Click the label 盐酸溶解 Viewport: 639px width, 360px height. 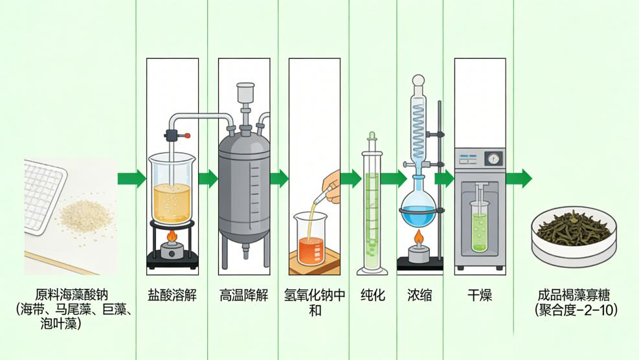172,296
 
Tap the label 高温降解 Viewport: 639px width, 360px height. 243,296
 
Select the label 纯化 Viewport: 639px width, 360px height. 372,296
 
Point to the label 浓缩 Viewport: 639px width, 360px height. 420,296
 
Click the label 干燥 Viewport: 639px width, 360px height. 479,296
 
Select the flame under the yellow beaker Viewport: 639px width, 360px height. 172,236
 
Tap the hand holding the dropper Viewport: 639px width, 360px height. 331,185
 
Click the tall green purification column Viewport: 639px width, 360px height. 372,207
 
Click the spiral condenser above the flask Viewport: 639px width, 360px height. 419,129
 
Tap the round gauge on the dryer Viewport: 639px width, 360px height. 494,159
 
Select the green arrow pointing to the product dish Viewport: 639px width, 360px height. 519,179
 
